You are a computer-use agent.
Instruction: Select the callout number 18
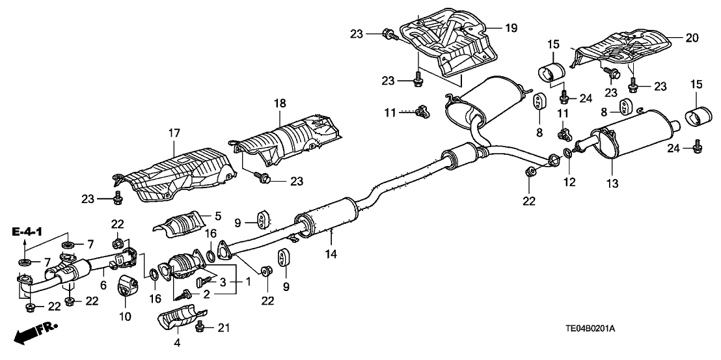tap(280, 104)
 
